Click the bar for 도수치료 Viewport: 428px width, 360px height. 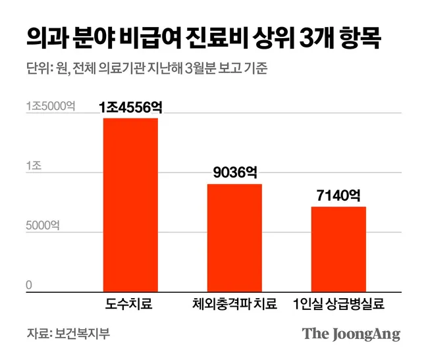(x=130, y=204)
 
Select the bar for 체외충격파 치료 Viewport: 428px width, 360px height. (x=234, y=237)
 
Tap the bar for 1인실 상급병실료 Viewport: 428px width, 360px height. (x=338, y=248)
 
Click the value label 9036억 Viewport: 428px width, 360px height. (x=234, y=172)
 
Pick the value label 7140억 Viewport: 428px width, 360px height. (x=338, y=195)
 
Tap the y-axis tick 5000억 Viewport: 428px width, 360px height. (x=43, y=226)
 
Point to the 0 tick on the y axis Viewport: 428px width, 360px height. (x=29, y=285)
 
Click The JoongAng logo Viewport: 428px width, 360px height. (x=351, y=334)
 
